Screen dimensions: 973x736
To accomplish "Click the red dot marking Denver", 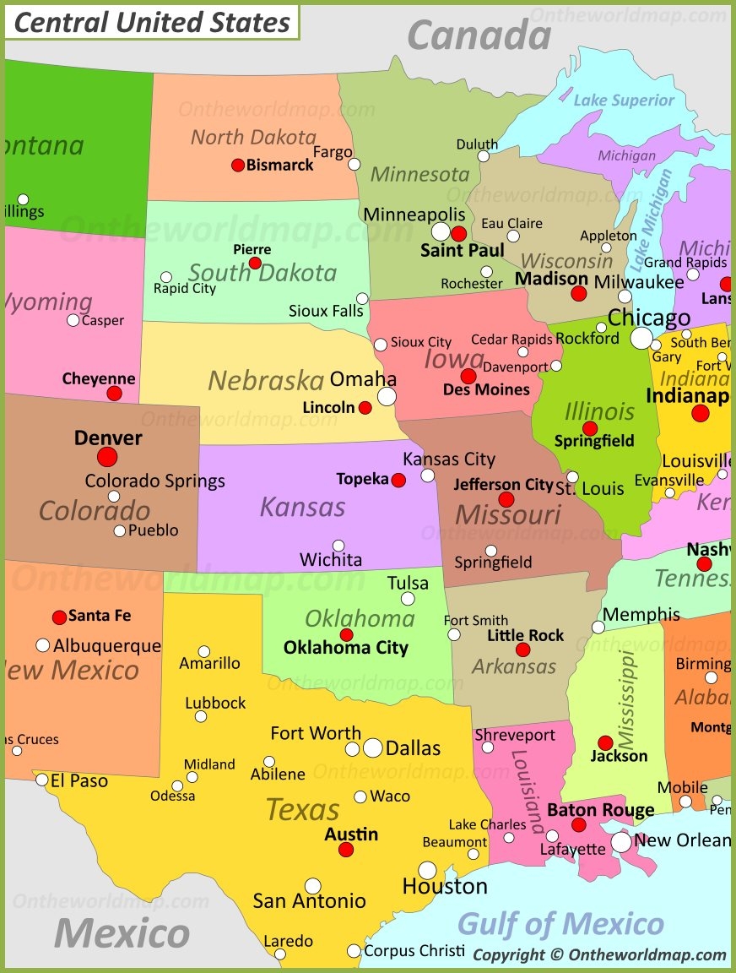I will click(x=107, y=457).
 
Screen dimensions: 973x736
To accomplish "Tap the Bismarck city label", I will click(x=279, y=165).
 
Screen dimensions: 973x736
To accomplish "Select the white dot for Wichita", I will click(x=338, y=546).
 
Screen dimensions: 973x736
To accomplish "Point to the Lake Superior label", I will click(x=624, y=101).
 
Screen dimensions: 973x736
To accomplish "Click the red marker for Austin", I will click(x=346, y=850).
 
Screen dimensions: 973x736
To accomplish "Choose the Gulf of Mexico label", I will click(x=560, y=923).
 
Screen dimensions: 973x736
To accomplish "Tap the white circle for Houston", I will click(x=427, y=870).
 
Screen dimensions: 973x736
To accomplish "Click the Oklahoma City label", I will click(x=345, y=648).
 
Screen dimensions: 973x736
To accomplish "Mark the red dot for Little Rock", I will click(x=523, y=650).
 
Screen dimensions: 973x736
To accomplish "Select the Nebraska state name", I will click(x=266, y=380).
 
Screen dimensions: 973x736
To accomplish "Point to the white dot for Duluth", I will click(x=483, y=156).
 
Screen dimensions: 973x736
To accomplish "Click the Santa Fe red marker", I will click(x=59, y=617).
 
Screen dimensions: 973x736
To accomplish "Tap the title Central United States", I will click(x=152, y=23).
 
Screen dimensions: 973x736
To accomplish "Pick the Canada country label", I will click(x=479, y=35).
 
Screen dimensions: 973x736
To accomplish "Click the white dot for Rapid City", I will click(x=166, y=277).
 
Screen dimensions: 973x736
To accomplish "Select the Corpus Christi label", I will click(x=414, y=950).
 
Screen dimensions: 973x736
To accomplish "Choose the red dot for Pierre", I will click(x=255, y=264).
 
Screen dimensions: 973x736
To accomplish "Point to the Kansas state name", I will click(x=302, y=507).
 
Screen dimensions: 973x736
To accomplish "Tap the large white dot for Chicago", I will click(x=641, y=339).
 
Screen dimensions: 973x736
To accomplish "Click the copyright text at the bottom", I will click(x=599, y=954).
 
